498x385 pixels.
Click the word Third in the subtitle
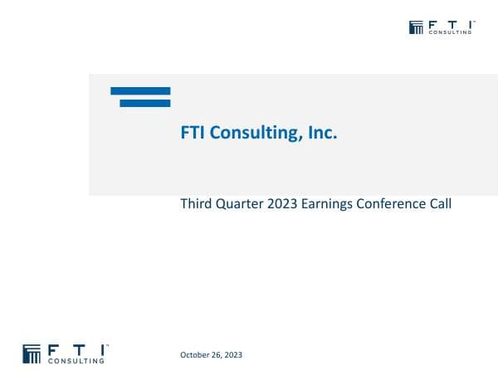[196, 203]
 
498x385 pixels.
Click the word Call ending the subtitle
[440, 203]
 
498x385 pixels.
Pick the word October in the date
[194, 355]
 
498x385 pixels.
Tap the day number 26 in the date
[217, 355]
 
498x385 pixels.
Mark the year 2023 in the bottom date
[233, 355]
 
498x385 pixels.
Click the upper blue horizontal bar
[140, 90]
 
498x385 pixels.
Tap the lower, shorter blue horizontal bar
[145, 103]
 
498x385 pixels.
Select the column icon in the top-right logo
[417, 27]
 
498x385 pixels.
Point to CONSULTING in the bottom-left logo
[77, 361]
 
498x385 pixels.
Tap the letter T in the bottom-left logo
[78, 348]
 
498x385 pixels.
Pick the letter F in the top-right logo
[432, 24]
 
